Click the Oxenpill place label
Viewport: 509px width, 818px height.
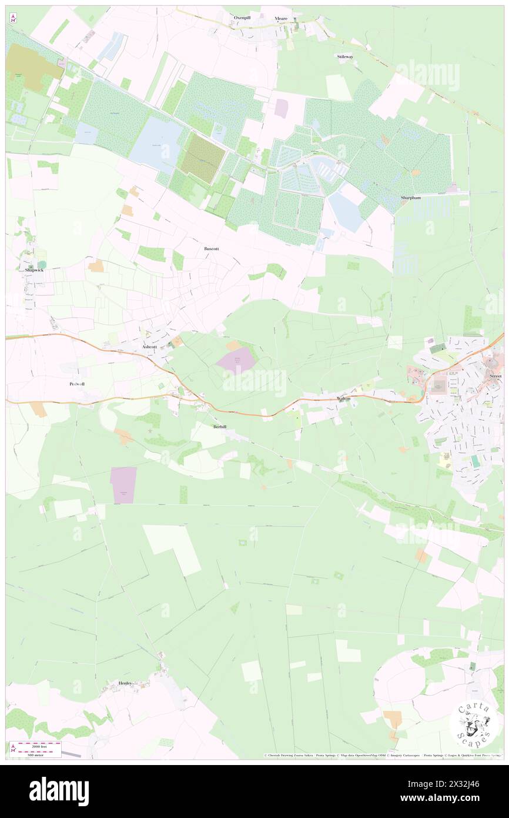click(x=242, y=18)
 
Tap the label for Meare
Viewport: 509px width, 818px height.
click(x=281, y=19)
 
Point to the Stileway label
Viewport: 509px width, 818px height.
click(x=345, y=56)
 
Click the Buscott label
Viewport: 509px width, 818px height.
click(x=212, y=249)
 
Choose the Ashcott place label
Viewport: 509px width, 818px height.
click(x=150, y=347)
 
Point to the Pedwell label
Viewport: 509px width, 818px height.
click(x=76, y=383)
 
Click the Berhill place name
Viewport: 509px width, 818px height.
click(x=220, y=425)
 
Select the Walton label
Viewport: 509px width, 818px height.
click(x=343, y=398)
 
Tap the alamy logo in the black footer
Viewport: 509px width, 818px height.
click(x=59, y=791)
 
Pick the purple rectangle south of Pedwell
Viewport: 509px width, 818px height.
click(x=123, y=485)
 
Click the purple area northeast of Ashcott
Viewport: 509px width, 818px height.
click(x=237, y=361)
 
